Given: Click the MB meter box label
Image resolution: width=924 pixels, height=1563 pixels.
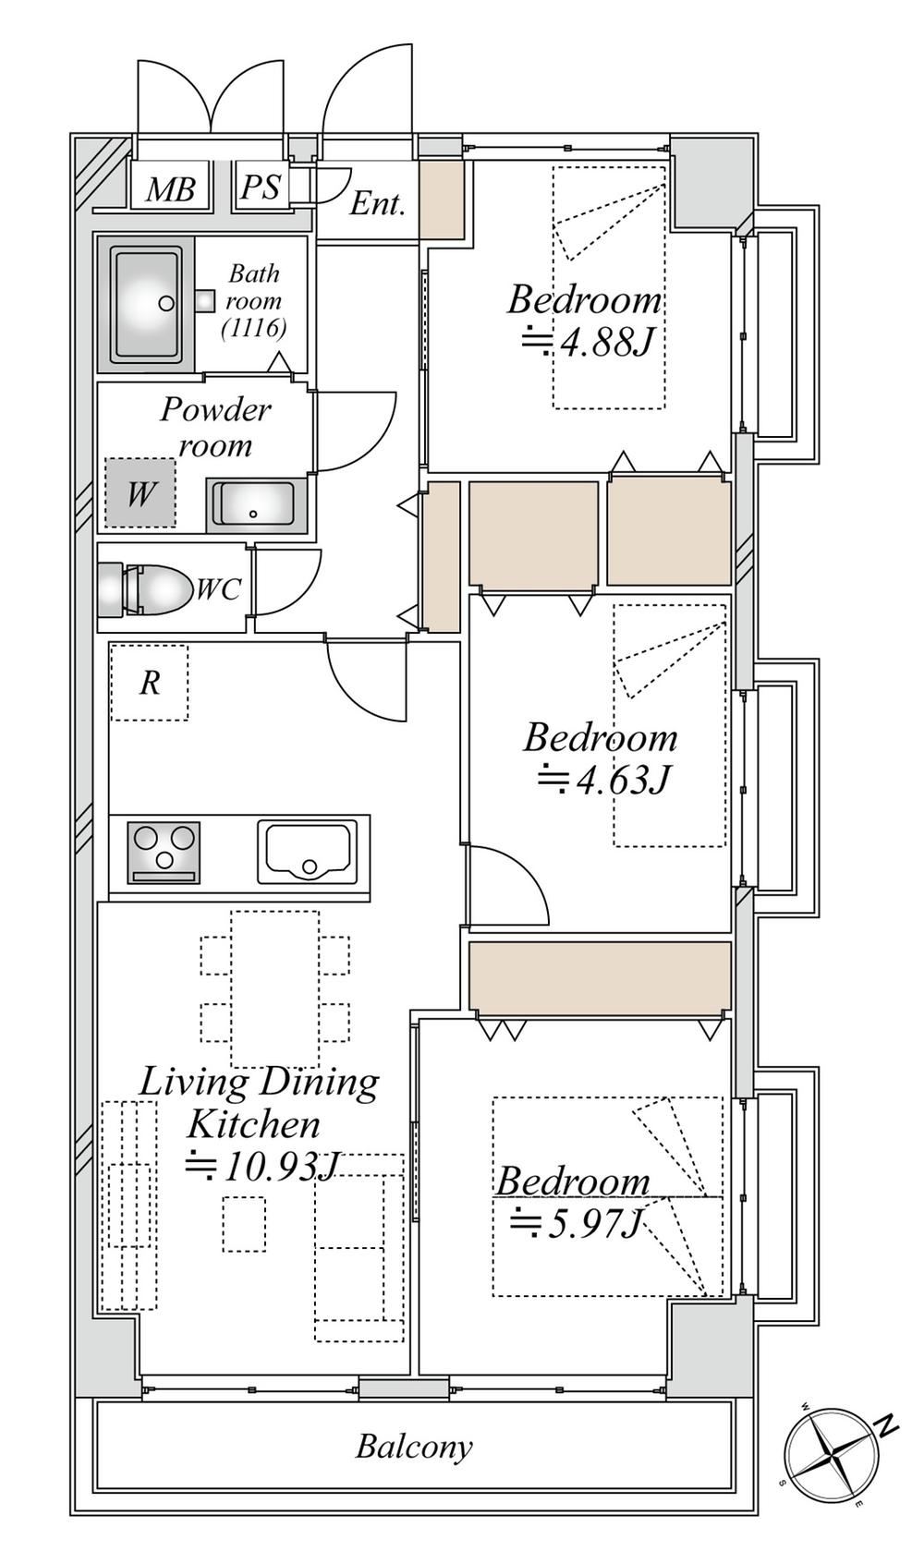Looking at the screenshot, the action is tap(170, 188).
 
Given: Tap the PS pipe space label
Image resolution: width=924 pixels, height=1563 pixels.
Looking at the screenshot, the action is tap(261, 187).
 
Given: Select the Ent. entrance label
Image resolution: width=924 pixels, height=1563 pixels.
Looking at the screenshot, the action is tap(378, 203).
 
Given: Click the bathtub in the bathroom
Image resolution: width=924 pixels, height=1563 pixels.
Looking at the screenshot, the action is tap(146, 304).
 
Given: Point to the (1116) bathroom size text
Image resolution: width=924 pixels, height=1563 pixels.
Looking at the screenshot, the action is tap(253, 328).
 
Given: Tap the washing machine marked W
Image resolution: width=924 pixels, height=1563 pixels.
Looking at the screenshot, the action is tap(140, 493).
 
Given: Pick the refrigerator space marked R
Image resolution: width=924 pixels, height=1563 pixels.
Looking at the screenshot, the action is tap(150, 683).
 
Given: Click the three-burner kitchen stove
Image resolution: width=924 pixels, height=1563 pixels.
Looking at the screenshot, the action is tap(164, 852).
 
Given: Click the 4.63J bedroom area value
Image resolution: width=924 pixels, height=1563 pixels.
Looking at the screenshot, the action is tap(603, 780).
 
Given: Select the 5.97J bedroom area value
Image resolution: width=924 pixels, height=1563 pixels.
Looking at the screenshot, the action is tap(575, 1222).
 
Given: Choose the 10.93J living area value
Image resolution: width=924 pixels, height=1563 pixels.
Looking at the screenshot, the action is tap(261, 1166).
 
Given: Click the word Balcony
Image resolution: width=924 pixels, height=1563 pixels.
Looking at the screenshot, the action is tap(414, 1447).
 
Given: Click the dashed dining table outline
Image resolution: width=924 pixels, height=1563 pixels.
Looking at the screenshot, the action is tap(275, 988).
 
